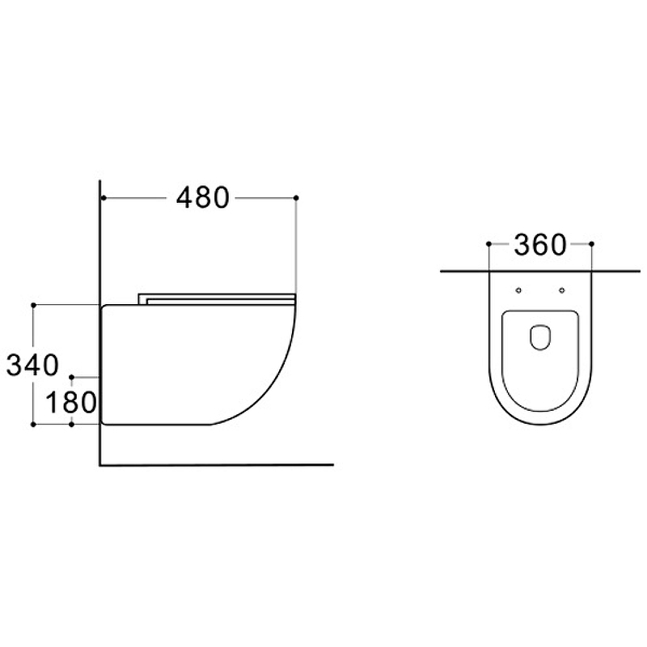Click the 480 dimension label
click(203, 197)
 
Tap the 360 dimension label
click(540, 245)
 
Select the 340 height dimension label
click(32, 365)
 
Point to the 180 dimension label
click(71, 402)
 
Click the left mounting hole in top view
click(518, 290)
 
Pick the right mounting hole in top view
click(561, 290)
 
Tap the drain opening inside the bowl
click(540, 337)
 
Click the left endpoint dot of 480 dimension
click(104, 198)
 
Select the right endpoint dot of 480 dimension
click(296, 198)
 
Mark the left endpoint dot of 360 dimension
click(489, 244)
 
